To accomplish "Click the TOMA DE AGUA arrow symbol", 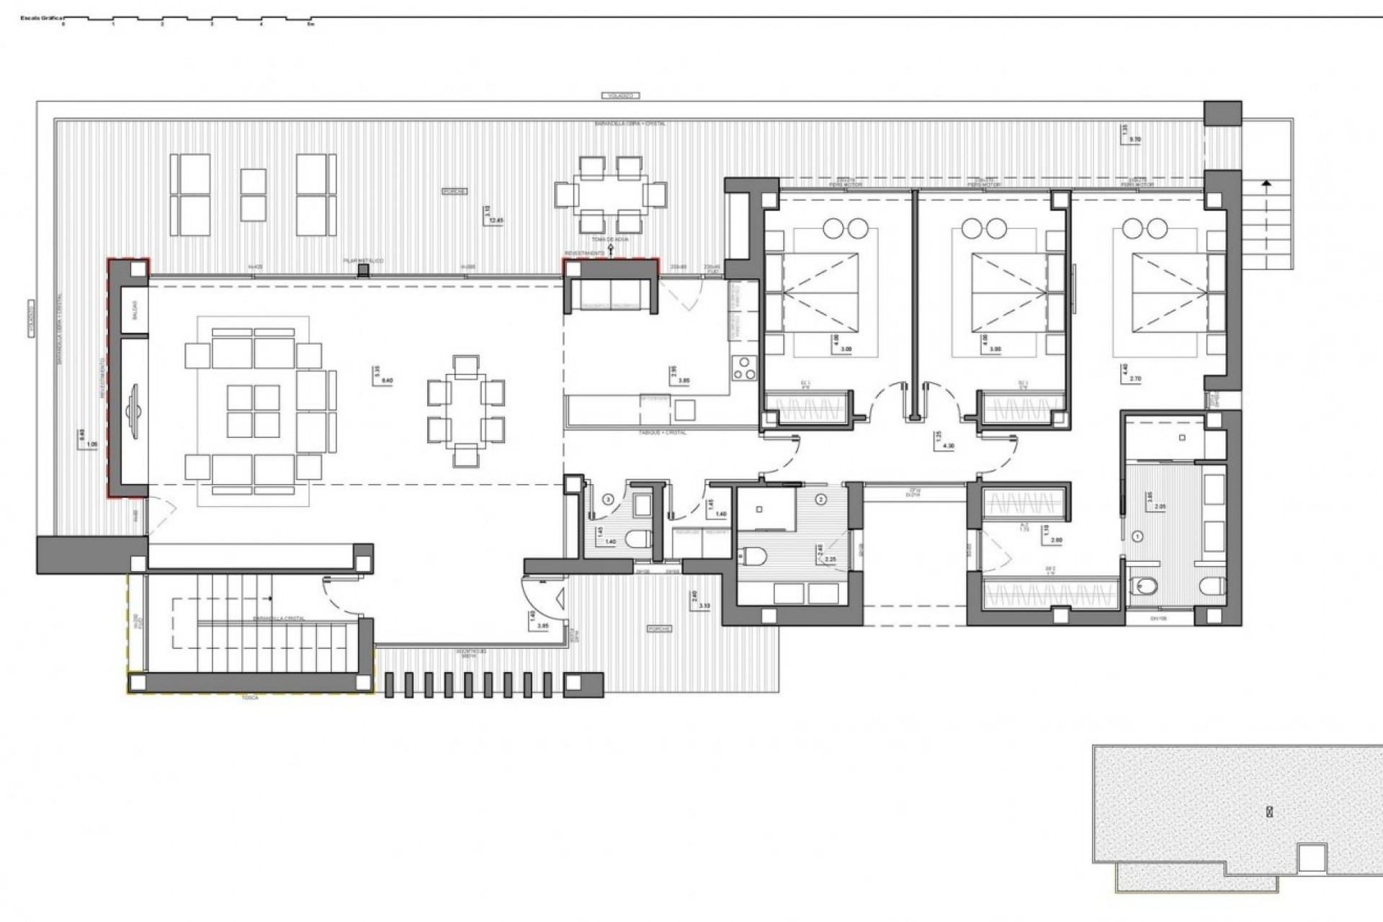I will [611, 249].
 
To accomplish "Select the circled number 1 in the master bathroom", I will [1138, 536].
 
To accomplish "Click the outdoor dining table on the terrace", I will [610, 194].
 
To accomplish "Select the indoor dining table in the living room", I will [466, 411].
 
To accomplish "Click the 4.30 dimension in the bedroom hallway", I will [949, 446].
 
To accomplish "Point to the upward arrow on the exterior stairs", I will [1266, 184].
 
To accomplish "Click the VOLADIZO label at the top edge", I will [619, 95].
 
